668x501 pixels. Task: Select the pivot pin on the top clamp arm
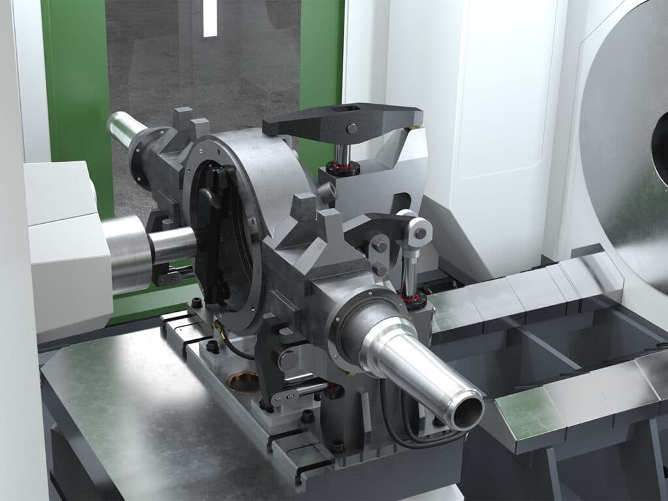(x=352, y=129)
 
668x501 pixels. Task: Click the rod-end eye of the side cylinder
(x=419, y=232)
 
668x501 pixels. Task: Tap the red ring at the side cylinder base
(x=411, y=299)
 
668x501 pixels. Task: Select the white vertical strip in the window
(x=209, y=18)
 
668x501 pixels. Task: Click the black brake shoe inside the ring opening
(x=215, y=235)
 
